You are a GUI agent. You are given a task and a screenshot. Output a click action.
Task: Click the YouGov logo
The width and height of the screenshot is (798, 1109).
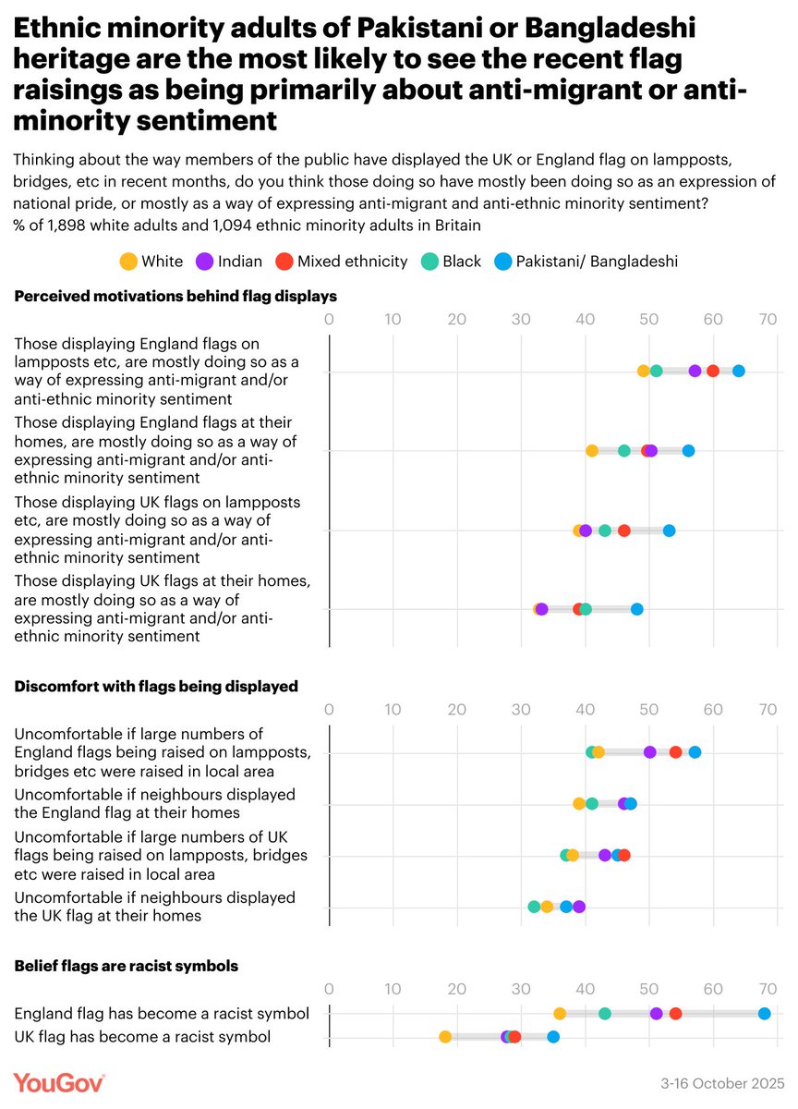tap(59, 1082)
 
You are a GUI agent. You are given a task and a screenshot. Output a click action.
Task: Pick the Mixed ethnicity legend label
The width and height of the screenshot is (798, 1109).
tap(352, 262)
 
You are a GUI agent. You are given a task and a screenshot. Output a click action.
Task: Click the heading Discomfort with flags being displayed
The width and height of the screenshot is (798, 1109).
tap(156, 687)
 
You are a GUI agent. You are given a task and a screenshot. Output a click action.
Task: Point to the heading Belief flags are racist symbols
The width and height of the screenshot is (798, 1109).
tap(127, 966)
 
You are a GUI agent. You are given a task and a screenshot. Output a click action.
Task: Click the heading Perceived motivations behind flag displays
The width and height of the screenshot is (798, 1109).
tap(175, 297)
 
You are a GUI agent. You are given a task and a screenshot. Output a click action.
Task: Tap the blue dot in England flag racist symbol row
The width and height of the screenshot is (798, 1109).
tap(764, 1014)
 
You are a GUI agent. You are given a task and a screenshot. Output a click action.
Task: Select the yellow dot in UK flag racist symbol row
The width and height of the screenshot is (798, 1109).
tap(445, 1037)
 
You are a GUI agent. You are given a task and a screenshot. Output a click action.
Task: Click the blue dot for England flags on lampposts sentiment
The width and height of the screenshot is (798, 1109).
tap(738, 372)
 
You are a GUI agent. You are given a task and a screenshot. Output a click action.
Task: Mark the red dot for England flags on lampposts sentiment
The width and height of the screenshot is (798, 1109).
tap(713, 372)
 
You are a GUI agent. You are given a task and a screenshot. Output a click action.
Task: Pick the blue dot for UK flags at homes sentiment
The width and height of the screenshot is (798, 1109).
tap(636, 610)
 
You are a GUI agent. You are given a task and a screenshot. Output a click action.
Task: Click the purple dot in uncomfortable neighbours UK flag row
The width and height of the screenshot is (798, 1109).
tap(579, 907)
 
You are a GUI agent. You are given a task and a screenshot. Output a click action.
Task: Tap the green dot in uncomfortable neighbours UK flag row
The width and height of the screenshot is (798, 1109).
tap(534, 907)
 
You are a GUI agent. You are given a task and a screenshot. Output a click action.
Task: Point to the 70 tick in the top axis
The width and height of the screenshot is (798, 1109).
tap(767, 320)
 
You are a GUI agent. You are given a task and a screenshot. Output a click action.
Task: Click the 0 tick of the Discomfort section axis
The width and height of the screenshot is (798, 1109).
tap(330, 710)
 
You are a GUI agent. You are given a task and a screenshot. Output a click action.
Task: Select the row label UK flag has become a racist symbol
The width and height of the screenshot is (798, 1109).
tap(142, 1037)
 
